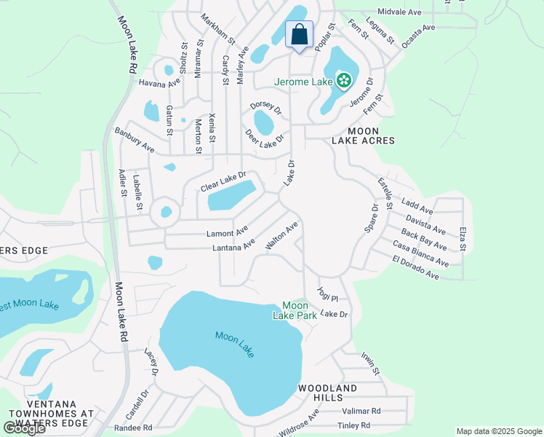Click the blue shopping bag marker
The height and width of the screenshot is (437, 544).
(300, 34)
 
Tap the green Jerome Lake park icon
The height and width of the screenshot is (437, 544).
(343, 81)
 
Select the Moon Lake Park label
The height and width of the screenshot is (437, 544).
(299, 310)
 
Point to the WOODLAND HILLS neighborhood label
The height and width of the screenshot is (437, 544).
(327, 393)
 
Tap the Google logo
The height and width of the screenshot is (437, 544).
(24, 428)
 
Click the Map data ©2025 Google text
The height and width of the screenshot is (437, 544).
(499, 431)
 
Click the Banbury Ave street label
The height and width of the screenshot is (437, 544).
(135, 140)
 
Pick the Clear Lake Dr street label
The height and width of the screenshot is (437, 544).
(223, 182)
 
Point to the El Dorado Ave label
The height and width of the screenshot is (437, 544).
(415, 269)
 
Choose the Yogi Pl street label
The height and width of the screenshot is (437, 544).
(328, 294)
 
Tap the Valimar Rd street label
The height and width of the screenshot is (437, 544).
(361, 411)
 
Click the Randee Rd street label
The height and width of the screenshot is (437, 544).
(133, 428)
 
